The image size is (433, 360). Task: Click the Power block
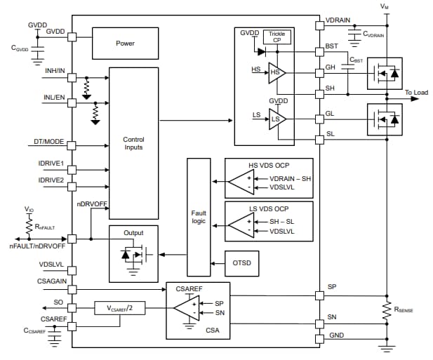[125, 44]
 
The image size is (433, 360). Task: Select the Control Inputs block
[133, 143]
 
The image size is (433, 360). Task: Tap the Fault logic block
[199, 217]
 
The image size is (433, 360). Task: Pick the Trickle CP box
[277, 36]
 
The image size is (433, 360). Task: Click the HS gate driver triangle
[277, 73]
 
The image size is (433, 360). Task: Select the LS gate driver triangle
[277, 119]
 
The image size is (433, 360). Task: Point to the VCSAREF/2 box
[119, 307]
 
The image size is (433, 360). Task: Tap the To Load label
[417, 93]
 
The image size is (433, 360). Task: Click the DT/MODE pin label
[48, 142]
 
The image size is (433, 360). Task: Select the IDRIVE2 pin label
[51, 180]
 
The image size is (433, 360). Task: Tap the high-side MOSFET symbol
[385, 72]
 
